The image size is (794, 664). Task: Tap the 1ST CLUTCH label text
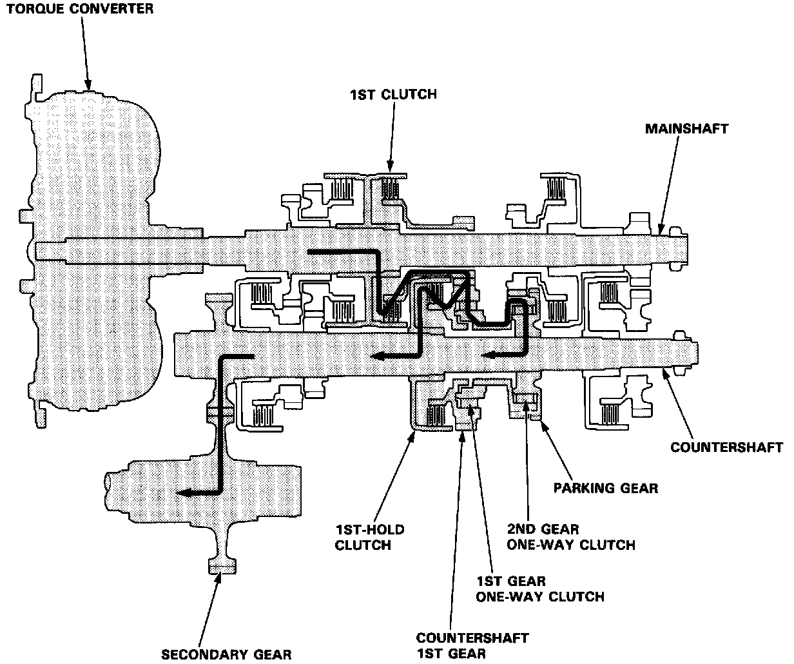coord(393,94)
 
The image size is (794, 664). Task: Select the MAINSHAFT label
coord(686,128)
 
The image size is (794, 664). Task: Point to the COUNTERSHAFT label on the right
coord(726,447)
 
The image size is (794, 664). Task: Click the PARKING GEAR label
coord(606,487)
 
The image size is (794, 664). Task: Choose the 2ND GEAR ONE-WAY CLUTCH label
coord(571,537)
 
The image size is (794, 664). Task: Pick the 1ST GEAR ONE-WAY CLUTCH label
coord(540,589)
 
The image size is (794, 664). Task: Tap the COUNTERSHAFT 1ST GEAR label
coord(472,646)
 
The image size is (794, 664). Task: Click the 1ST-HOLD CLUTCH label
coord(369,538)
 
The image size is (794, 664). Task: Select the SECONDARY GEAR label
coord(226,654)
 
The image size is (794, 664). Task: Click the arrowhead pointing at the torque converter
coord(89,84)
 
